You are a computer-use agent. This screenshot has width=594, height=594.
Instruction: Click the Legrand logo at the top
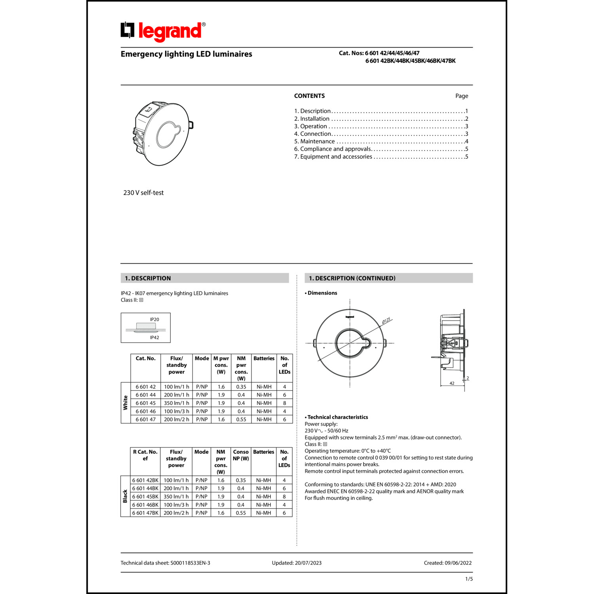pos(163,31)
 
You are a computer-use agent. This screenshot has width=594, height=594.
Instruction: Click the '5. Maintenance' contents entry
pos(317,141)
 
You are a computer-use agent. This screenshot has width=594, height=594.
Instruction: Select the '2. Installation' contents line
pos(314,119)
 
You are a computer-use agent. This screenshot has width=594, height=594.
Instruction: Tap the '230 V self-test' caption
pos(143,193)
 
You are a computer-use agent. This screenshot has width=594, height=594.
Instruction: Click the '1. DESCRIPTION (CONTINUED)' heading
pos(352,278)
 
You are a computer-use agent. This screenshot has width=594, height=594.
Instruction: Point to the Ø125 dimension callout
pos(386,320)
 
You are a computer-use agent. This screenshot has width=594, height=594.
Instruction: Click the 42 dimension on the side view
pos(452,383)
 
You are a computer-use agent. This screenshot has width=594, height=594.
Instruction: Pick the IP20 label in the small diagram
pos(154,320)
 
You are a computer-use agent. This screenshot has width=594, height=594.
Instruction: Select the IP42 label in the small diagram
pos(154,338)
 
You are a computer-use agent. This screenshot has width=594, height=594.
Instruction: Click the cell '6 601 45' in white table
pos(146,403)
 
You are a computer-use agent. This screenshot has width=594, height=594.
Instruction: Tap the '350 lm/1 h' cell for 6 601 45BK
pos(176,497)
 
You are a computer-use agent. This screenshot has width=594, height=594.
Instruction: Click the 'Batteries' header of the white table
pos(264,359)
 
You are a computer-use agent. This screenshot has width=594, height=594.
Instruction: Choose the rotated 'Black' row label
pos(125,496)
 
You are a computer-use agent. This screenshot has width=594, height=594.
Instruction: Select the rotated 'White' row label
pos(126,403)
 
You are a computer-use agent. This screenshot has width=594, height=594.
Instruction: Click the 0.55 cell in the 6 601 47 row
pos(241,419)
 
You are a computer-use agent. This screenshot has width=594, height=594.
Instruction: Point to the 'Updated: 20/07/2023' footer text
pos(297,563)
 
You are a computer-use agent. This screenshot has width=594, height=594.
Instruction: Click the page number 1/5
pos(469,579)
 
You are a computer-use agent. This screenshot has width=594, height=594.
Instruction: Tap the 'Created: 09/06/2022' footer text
pos(447,563)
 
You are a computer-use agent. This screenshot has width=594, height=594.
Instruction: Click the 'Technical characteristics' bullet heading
pos(337,417)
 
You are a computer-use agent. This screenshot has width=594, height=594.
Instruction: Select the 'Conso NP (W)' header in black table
pos(241,455)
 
